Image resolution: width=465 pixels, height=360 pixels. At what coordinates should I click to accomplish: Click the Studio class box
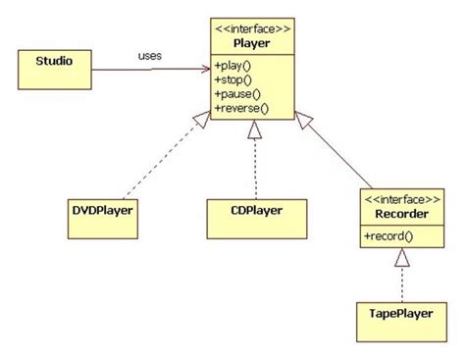click(55, 70)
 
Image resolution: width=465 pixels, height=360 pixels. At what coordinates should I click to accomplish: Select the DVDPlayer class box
click(103, 219)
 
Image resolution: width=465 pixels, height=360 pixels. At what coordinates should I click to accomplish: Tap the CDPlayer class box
click(257, 219)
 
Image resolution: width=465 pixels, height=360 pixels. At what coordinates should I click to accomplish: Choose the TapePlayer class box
click(401, 322)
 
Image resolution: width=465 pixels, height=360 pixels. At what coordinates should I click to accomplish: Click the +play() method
click(232, 66)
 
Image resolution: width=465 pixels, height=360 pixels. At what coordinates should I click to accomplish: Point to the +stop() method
click(233, 79)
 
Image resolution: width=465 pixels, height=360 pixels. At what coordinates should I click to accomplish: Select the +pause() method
click(237, 94)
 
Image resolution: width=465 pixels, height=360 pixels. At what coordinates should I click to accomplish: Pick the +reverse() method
click(241, 108)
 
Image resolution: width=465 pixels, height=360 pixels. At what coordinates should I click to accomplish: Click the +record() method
click(388, 236)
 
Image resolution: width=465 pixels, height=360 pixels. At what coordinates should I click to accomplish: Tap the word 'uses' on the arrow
click(150, 56)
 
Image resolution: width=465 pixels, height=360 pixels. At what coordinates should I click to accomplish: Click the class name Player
click(252, 43)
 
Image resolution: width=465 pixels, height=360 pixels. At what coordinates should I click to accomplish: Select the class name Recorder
click(401, 214)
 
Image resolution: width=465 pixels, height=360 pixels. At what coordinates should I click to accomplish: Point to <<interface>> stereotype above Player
click(252, 29)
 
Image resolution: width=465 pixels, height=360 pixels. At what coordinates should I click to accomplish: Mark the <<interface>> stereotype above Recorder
click(402, 200)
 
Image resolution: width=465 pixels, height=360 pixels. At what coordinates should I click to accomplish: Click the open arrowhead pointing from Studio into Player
click(206, 69)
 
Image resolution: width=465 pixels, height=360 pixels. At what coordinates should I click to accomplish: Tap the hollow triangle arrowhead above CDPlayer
click(254, 129)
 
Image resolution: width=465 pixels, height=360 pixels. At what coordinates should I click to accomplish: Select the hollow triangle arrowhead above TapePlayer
click(402, 257)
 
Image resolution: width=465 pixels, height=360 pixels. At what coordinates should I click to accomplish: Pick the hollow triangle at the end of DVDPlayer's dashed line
click(202, 119)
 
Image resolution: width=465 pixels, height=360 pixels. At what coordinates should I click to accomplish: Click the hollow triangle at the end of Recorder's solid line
click(303, 120)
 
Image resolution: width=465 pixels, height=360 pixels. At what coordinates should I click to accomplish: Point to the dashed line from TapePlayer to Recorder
click(402, 284)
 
